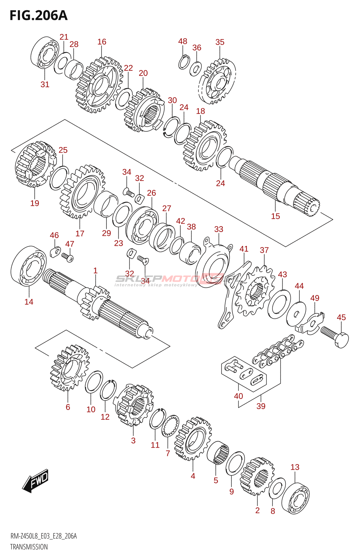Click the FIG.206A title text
click(x=39, y=15)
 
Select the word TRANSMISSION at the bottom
click(x=29, y=553)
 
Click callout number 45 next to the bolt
click(x=341, y=317)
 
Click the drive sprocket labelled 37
click(x=255, y=291)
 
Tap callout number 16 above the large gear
click(x=102, y=42)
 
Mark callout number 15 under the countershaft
click(x=276, y=216)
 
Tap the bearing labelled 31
click(x=45, y=52)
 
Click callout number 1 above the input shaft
click(x=95, y=271)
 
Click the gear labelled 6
click(x=70, y=368)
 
